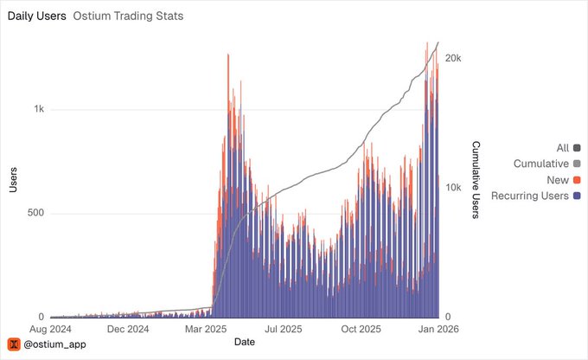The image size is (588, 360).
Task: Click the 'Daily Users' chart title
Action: (x=36, y=16)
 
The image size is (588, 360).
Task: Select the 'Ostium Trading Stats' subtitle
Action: (x=128, y=16)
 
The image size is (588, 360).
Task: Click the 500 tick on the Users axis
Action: (x=35, y=214)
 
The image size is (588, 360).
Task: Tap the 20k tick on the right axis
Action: (x=453, y=58)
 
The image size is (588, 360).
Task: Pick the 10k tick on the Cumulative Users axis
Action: (x=453, y=188)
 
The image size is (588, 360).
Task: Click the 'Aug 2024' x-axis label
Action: (x=50, y=330)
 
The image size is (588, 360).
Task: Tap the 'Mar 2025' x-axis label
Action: (x=205, y=330)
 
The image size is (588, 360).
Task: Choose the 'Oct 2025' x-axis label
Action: (x=361, y=330)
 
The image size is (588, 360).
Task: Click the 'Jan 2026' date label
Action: (x=438, y=330)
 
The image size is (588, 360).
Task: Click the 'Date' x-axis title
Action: (x=245, y=343)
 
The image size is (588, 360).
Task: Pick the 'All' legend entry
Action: (x=562, y=148)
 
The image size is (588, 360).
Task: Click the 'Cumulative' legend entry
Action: (x=540, y=164)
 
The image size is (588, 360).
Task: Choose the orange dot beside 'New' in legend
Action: (x=577, y=179)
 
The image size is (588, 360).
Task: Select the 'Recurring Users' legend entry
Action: (x=529, y=196)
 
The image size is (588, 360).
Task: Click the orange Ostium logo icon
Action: (x=14, y=344)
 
